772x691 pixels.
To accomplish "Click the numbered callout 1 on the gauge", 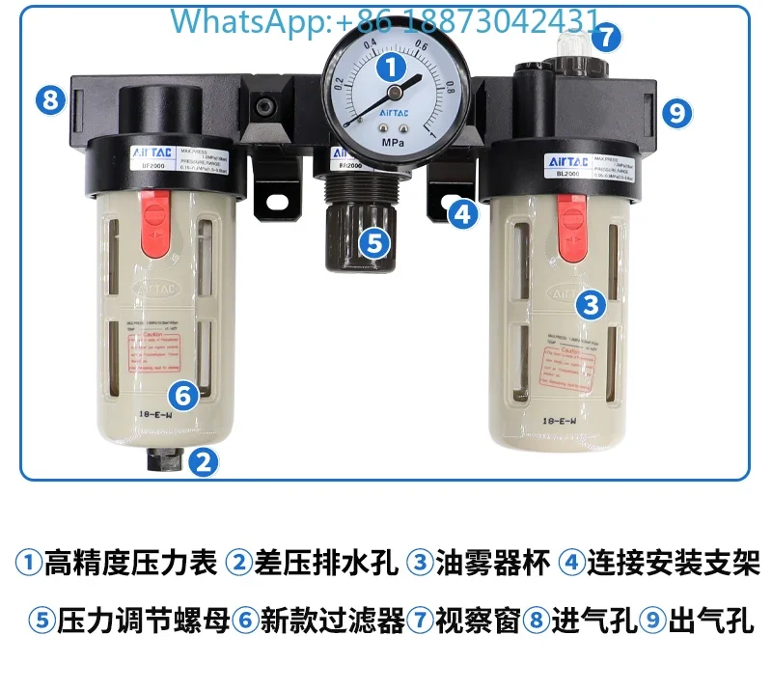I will point(391,67).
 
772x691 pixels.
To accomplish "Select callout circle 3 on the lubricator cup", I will point(592,306).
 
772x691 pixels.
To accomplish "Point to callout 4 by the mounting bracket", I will point(465,213).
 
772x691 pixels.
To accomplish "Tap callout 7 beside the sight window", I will point(605,38).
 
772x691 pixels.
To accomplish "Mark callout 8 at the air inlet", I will point(51,98).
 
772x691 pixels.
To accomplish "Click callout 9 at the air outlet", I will point(677,113).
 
